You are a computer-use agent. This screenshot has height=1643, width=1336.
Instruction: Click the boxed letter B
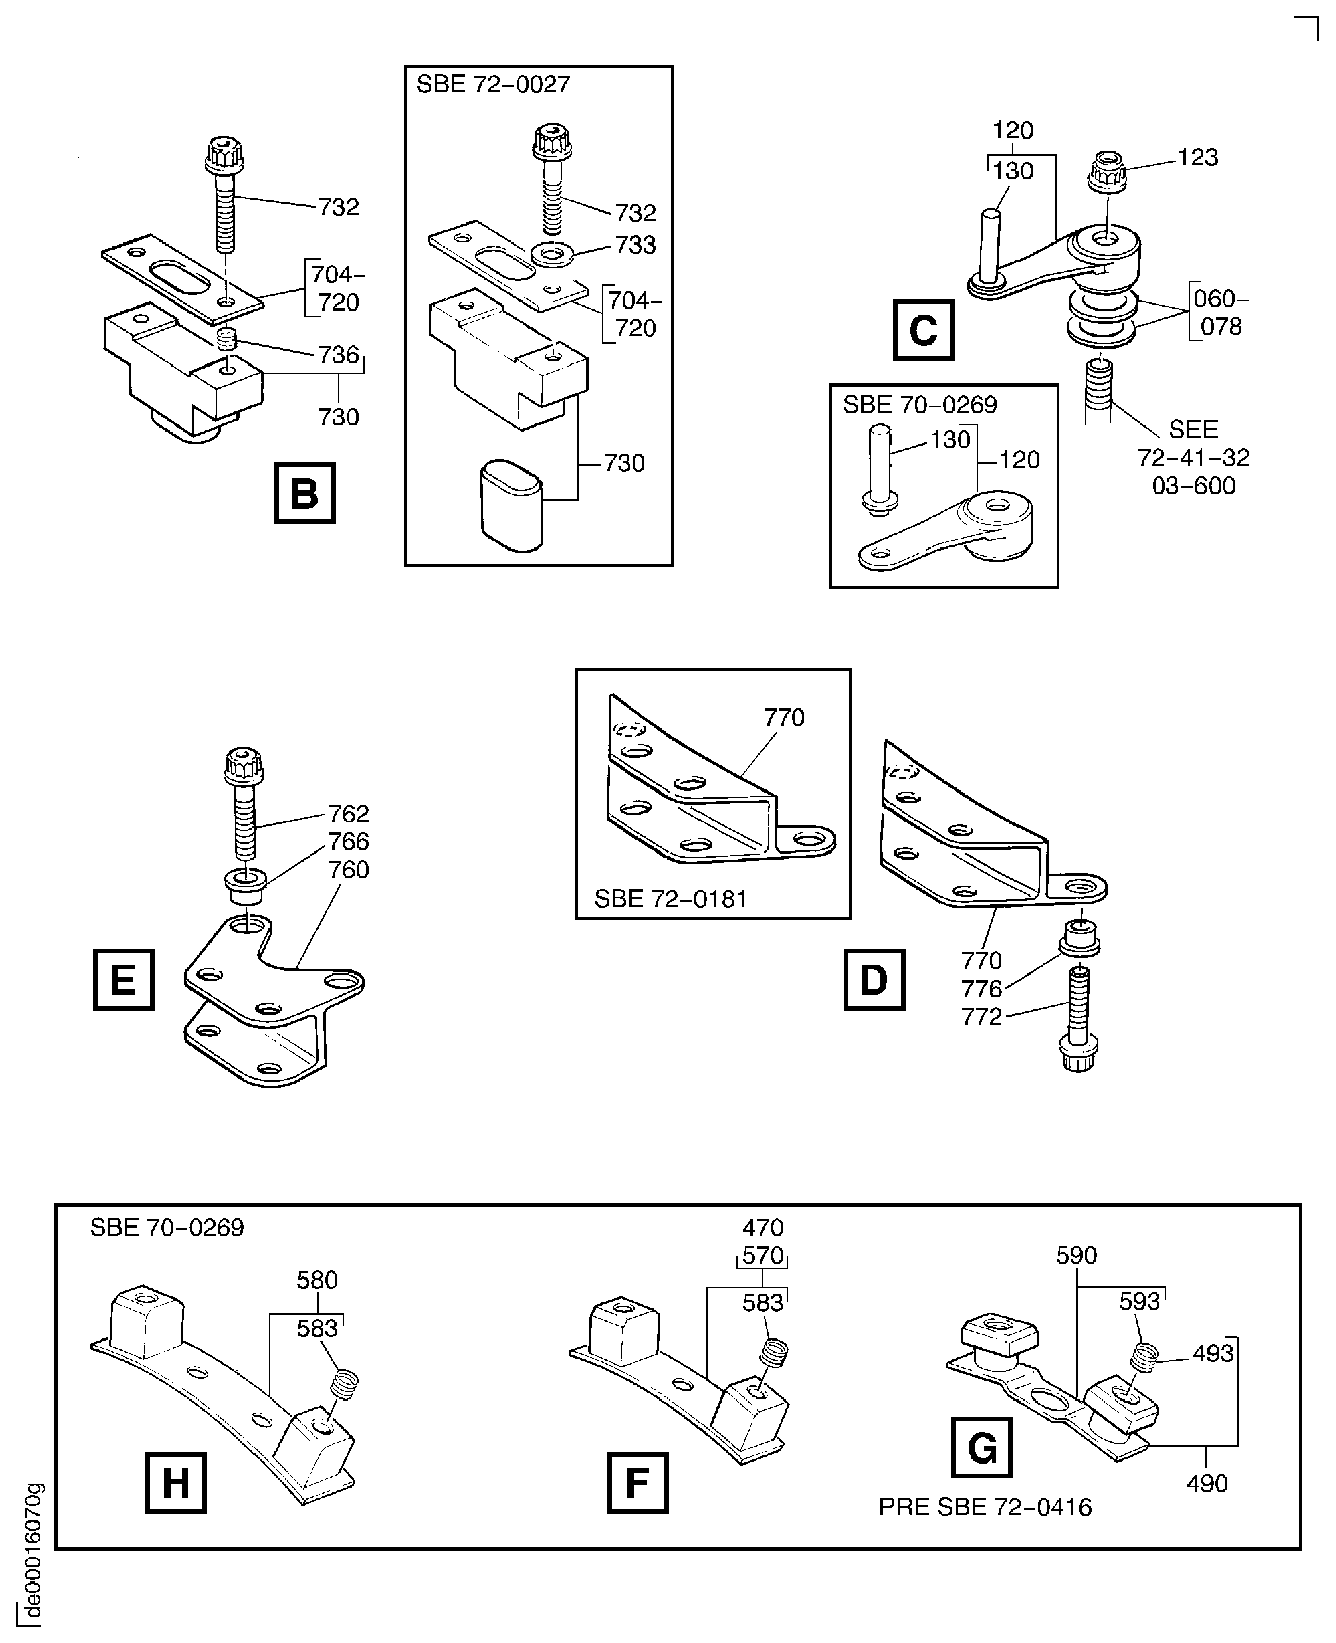pos(305,494)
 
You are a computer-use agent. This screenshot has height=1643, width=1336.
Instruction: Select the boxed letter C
pos(923,330)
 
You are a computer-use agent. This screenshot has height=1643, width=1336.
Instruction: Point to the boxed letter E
pos(123,980)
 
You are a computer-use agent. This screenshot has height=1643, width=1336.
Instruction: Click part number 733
pos(635,245)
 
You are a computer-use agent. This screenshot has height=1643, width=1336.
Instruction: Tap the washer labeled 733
pos(552,253)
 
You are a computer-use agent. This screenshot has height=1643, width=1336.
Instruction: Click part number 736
pos(339,355)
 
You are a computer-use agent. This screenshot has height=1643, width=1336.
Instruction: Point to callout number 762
pos(349,813)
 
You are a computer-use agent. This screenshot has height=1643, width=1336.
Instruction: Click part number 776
pos(981,989)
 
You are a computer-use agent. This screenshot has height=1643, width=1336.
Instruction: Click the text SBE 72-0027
pos(493,84)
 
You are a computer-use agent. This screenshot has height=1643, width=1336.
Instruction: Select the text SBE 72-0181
pos(670,898)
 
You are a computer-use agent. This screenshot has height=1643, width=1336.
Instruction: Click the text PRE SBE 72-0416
pos(985,1507)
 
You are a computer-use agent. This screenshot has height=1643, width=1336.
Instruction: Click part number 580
pos(317,1281)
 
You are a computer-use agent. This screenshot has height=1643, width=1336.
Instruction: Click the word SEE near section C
pos(1193,430)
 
